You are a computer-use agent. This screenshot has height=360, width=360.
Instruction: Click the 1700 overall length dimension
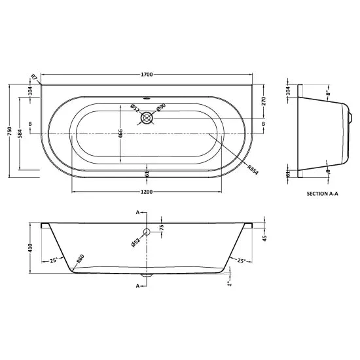pyautogui.click(x=147, y=75)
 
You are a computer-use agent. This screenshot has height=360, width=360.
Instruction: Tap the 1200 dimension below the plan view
pyautogui.click(x=147, y=192)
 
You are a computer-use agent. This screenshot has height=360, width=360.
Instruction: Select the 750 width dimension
pyautogui.click(x=9, y=131)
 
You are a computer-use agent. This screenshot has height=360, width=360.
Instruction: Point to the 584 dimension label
pyautogui.click(x=20, y=134)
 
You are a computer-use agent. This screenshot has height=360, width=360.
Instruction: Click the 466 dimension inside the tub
pyautogui.click(x=120, y=134)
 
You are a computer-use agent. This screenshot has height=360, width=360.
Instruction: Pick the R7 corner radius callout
pyautogui.click(x=34, y=77)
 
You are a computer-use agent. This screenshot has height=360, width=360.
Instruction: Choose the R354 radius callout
pyautogui.click(x=253, y=170)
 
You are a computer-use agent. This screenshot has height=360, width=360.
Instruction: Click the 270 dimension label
pyautogui.click(x=263, y=101)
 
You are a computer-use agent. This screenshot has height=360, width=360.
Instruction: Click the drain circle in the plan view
pyautogui.click(x=147, y=118)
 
